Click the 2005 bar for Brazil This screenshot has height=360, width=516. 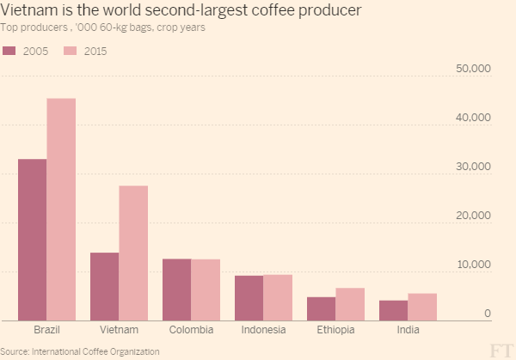(33, 240)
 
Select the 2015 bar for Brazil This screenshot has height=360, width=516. (61, 210)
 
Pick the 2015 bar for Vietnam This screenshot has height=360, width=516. (133, 253)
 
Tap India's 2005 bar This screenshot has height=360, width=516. (394, 310)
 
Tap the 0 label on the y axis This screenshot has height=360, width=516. (487, 314)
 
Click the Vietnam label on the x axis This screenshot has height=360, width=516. (119, 331)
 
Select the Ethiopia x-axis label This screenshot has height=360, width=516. (335, 331)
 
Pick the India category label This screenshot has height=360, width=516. (408, 331)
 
